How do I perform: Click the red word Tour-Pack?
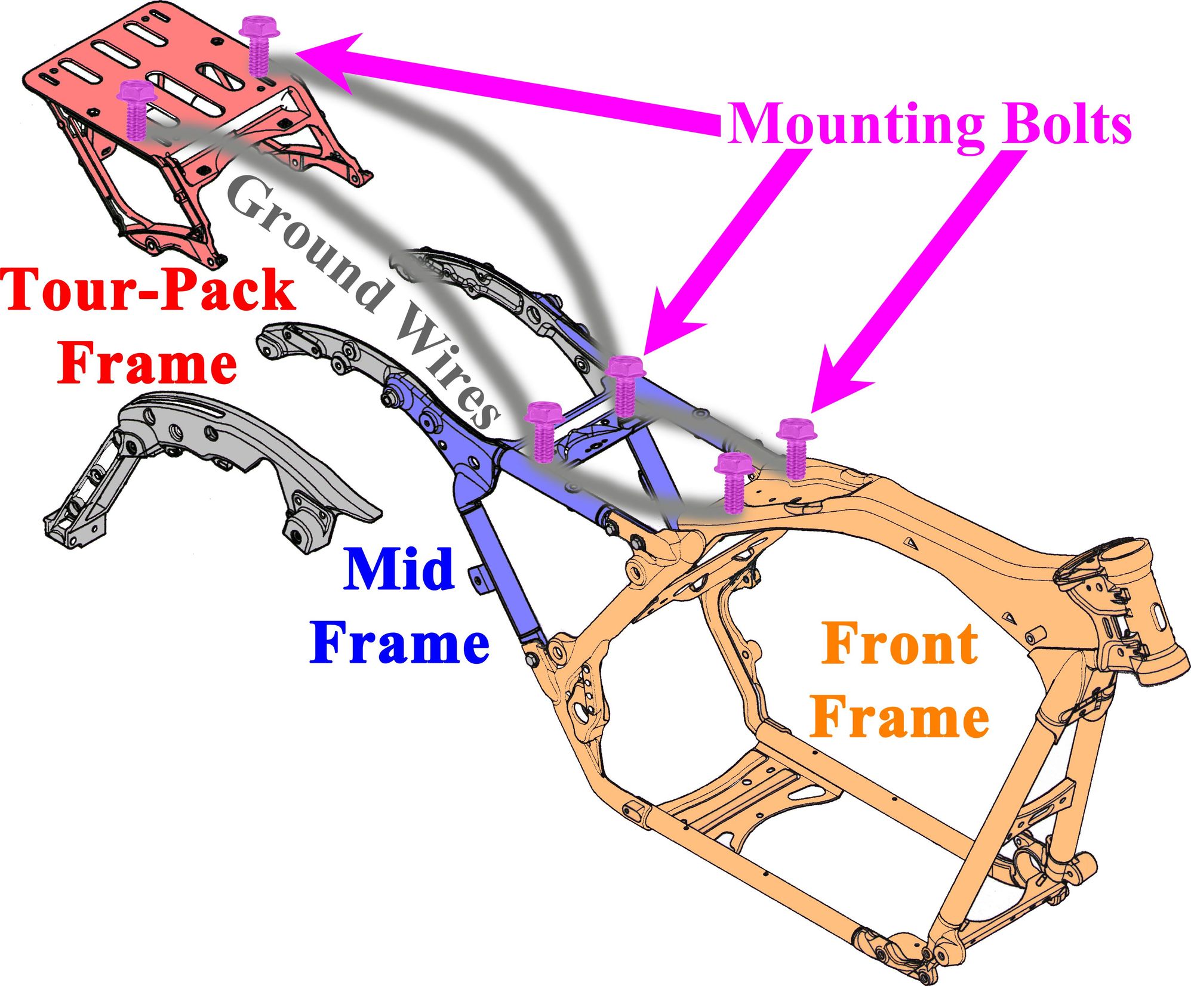pyautogui.click(x=149, y=290)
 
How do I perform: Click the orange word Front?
pyautogui.click(x=900, y=644)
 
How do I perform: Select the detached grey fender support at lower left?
pyautogui.click(x=203, y=465)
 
